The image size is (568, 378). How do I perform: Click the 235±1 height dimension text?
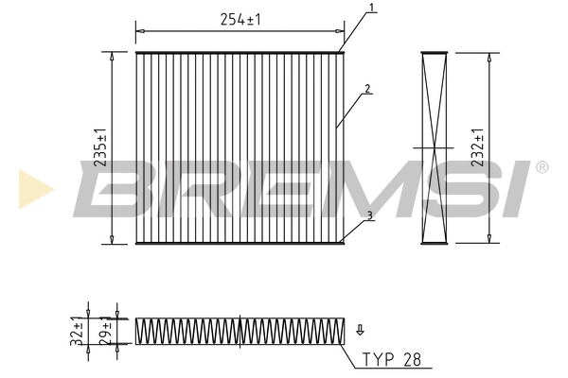(101, 147)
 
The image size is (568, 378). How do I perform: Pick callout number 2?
(367, 90)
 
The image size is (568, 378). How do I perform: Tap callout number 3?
(370, 215)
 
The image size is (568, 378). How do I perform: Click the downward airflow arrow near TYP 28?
(360, 330)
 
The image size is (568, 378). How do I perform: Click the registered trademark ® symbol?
(541, 167)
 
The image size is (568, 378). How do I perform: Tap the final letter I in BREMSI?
(514, 189)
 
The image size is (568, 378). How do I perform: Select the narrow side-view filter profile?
(434, 147)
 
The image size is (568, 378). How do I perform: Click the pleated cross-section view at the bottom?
(239, 331)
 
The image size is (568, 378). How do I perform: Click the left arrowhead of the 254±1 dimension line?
(140, 31)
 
